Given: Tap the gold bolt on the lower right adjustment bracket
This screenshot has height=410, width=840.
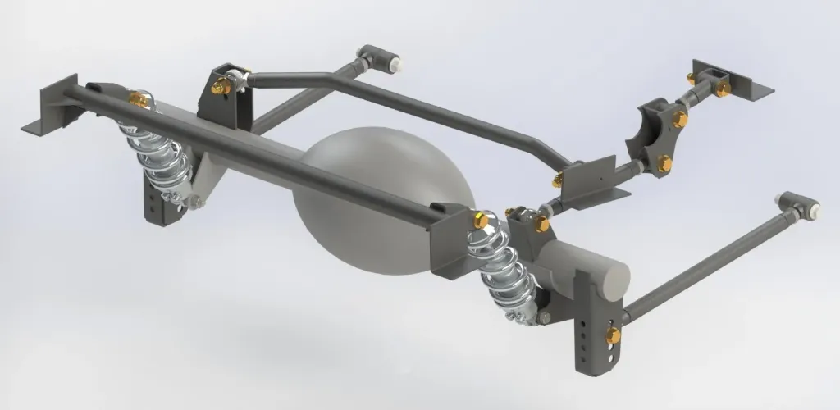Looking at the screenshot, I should pyautogui.click(x=613, y=335).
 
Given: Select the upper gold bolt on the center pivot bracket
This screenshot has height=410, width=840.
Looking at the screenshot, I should pyautogui.click(x=679, y=120).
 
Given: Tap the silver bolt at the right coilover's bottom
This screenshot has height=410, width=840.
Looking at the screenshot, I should pyautogui.click(x=543, y=317).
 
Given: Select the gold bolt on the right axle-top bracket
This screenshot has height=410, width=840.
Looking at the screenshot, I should pyautogui.click(x=541, y=223).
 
